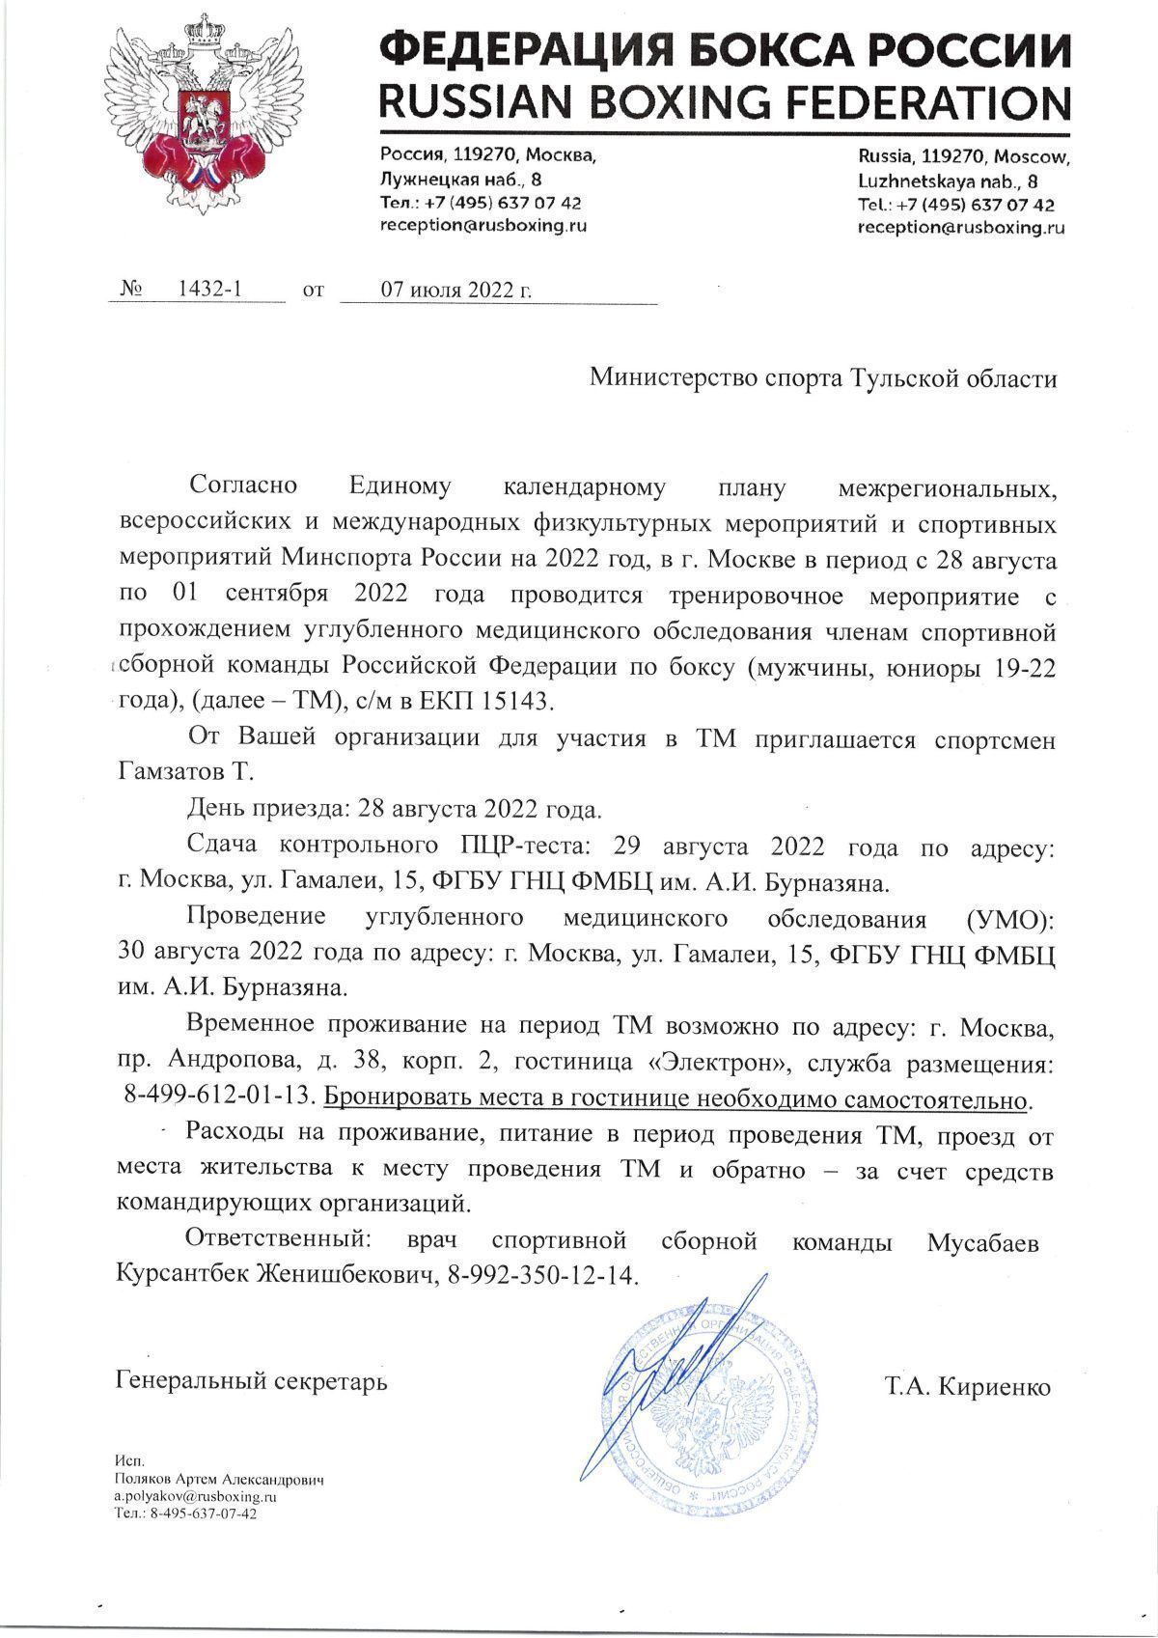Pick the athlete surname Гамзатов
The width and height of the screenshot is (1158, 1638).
[164, 772]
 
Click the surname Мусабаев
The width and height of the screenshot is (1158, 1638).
[982, 1241]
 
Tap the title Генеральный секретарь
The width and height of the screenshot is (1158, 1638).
[251, 1381]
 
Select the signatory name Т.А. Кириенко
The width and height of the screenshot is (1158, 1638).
[967, 1387]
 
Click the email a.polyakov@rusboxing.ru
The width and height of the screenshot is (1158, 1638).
[196, 1495]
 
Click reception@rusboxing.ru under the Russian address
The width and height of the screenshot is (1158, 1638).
[483, 225]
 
